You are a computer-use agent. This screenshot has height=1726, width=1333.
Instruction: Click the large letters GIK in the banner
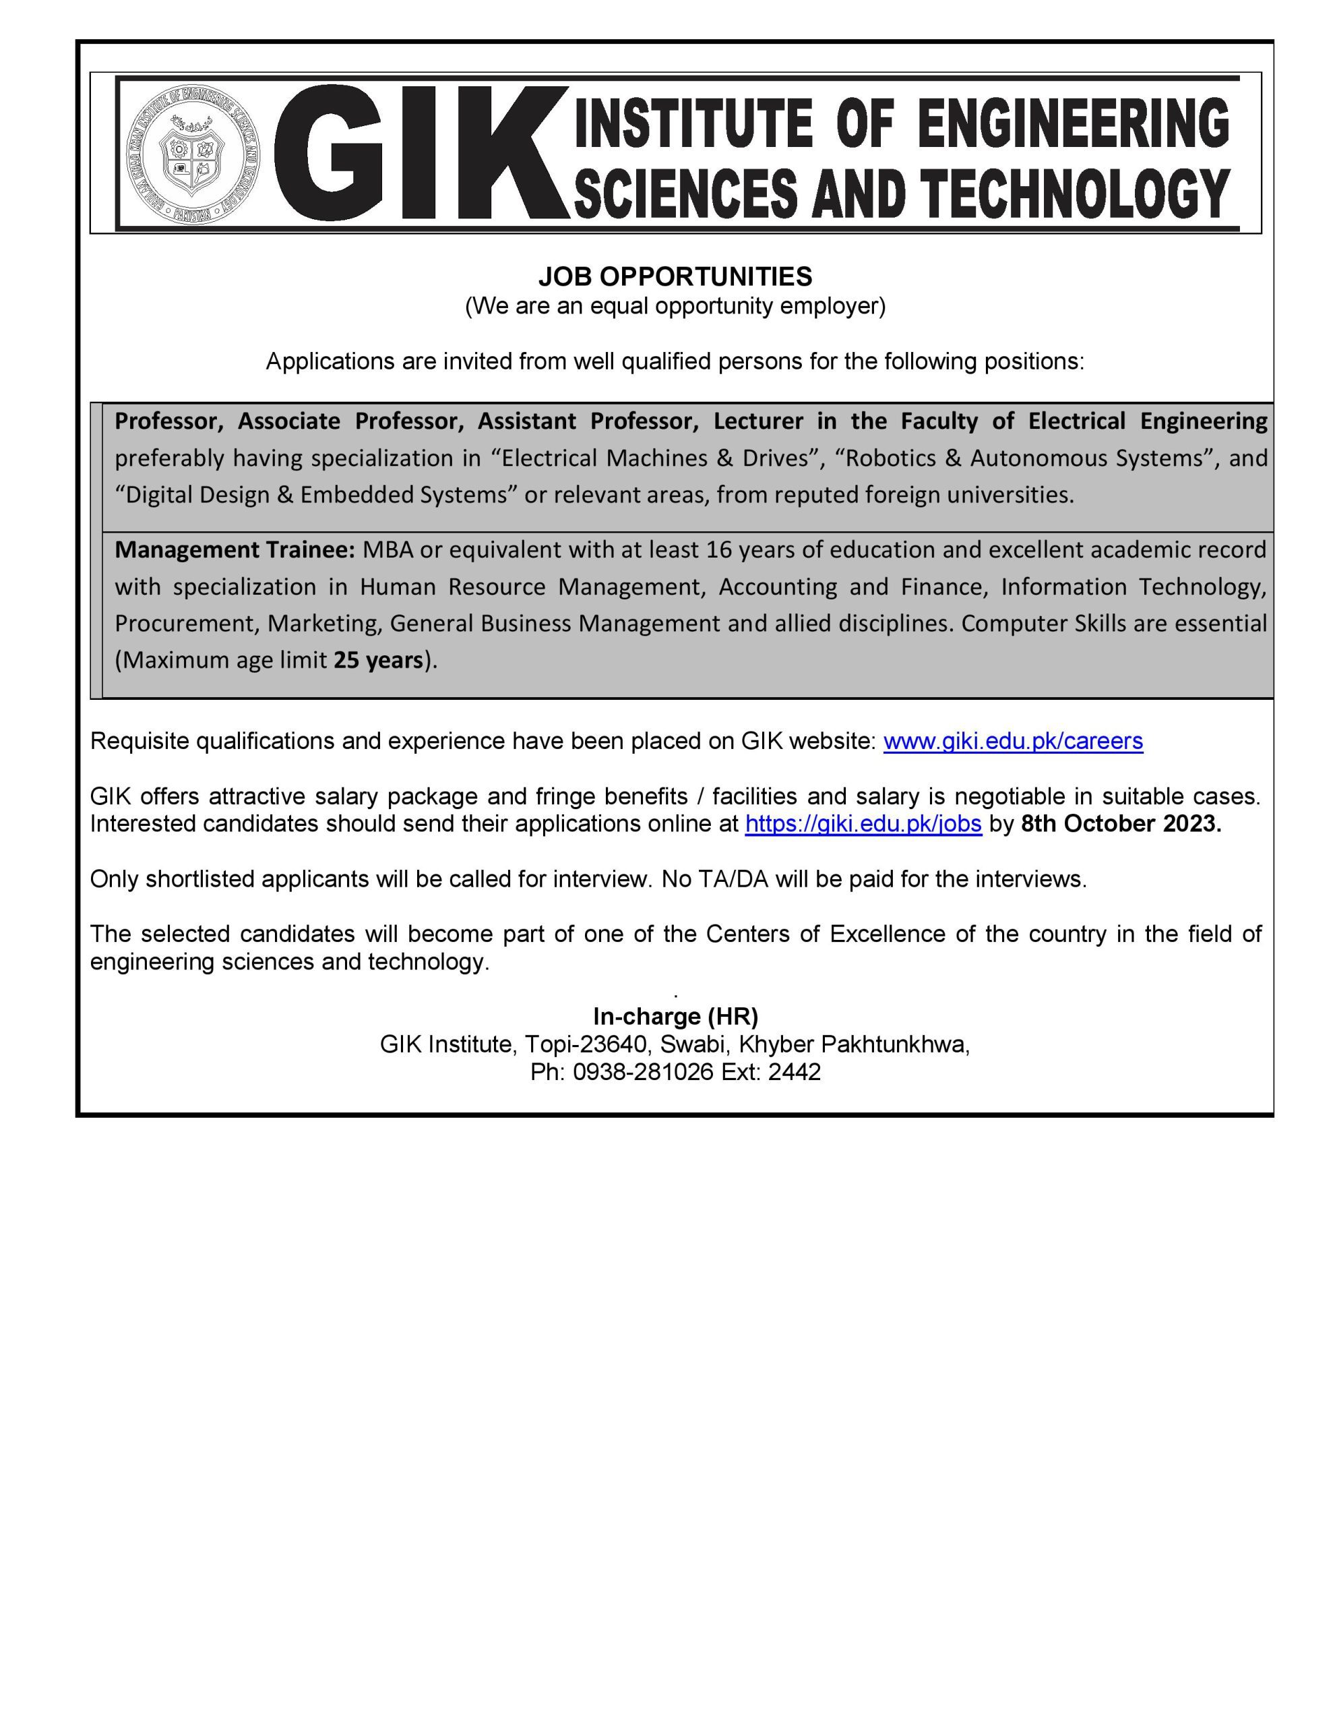click(x=418, y=152)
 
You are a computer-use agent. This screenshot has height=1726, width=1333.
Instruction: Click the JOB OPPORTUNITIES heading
click(x=675, y=276)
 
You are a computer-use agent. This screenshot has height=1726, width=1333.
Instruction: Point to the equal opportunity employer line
click(x=675, y=306)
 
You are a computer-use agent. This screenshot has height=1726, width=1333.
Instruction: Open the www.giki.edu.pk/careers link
click(x=1012, y=740)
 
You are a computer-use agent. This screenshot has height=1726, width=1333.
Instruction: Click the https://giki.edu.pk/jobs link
click(x=863, y=823)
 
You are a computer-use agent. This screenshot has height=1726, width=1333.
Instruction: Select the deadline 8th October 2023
click(x=1121, y=823)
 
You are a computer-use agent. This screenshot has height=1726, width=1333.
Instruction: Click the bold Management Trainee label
click(x=235, y=549)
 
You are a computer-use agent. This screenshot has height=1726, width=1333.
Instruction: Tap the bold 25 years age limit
click(x=377, y=660)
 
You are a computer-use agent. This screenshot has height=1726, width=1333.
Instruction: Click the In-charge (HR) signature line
click(x=675, y=1015)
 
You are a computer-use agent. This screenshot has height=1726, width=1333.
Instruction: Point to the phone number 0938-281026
click(x=642, y=1071)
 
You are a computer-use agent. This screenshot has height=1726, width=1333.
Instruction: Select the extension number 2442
click(x=794, y=1071)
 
